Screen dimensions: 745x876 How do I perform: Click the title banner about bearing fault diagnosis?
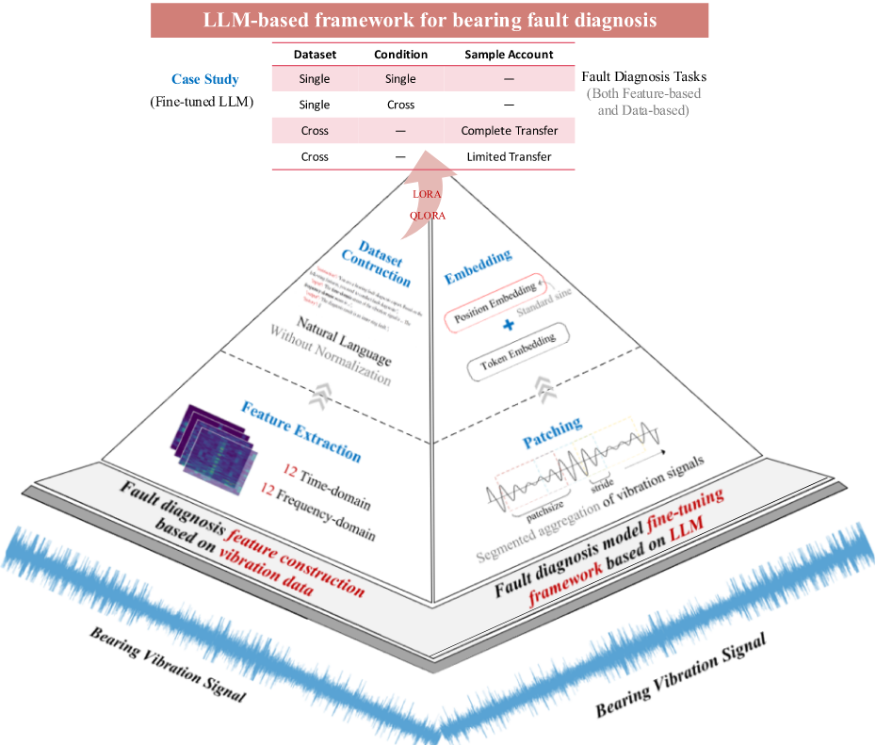(430, 20)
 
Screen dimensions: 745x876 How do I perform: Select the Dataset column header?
(315, 55)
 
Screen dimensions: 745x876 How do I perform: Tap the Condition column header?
(400, 55)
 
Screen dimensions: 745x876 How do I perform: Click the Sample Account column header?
(509, 55)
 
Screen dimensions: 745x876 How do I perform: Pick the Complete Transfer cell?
(510, 131)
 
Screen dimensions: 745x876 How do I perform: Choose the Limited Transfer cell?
(509, 156)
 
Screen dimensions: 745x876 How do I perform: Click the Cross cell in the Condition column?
(400, 105)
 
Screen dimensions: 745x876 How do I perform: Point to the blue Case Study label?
(204, 80)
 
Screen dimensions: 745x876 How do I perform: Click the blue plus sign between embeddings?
(509, 325)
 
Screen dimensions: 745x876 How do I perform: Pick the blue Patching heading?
(552, 430)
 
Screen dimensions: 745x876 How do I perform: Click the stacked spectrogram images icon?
(211, 448)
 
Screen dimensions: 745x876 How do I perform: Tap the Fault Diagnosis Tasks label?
(643, 76)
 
